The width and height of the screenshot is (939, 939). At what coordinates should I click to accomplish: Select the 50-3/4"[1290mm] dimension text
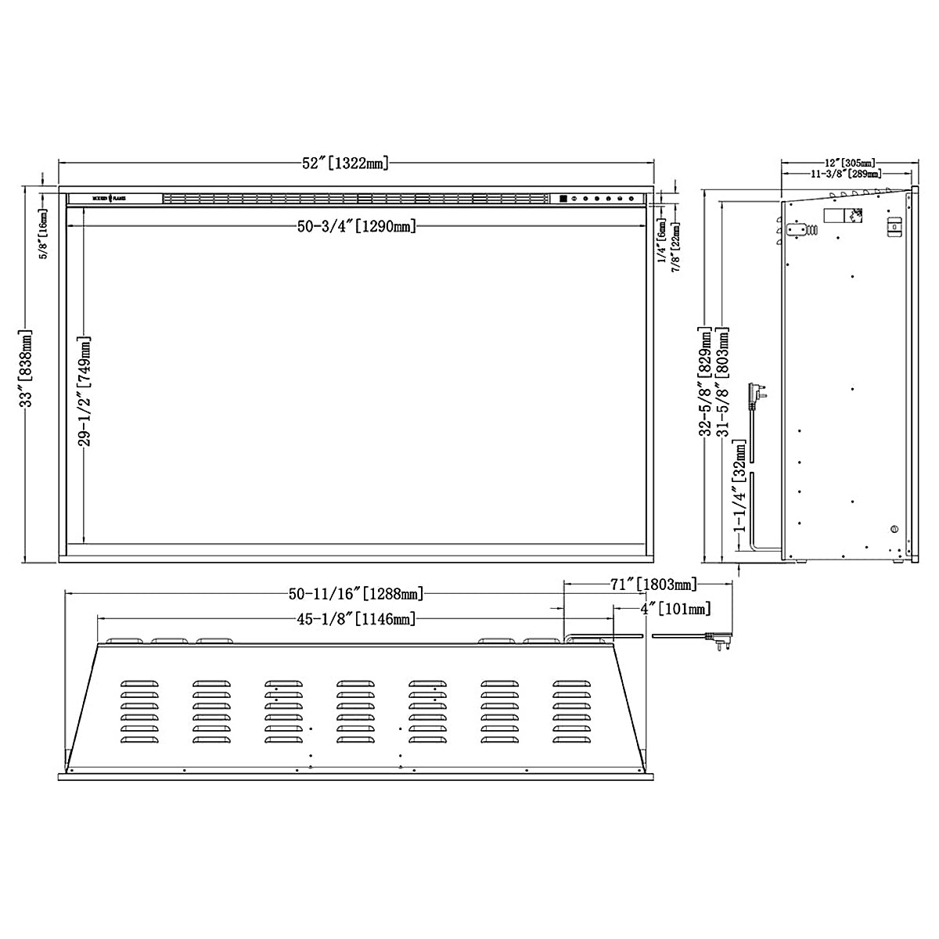[x=355, y=226]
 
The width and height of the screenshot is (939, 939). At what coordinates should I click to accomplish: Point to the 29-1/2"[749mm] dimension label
[x=85, y=391]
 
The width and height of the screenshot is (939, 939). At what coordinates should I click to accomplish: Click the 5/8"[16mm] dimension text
[x=43, y=233]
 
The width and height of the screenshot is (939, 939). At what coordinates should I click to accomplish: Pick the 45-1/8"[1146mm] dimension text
[x=356, y=620]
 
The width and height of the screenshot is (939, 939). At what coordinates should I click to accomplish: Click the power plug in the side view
[x=757, y=394]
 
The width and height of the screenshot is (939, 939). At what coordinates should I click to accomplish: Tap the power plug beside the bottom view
[x=722, y=640]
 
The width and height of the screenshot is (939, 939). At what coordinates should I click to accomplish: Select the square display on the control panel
[x=563, y=200]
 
